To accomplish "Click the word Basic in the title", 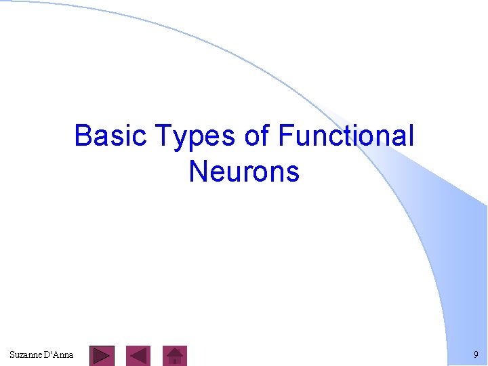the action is (x=111, y=136).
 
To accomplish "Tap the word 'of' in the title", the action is (x=257, y=136).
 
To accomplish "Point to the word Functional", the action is (x=345, y=136).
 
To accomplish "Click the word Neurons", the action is (x=244, y=171).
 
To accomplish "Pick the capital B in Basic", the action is (x=83, y=136).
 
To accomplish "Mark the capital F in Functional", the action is (x=285, y=136).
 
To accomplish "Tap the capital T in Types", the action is (x=164, y=136).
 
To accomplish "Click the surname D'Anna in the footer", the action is (x=59, y=354).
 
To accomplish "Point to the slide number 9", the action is (x=476, y=354).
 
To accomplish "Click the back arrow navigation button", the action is (x=139, y=356).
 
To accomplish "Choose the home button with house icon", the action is (x=176, y=356).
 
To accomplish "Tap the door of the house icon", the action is (x=176, y=361).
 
